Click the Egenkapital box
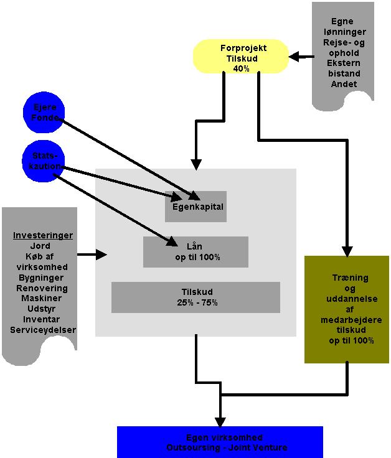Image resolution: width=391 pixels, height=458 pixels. (x=196, y=206)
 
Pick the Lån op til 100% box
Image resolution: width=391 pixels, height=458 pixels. (x=195, y=251)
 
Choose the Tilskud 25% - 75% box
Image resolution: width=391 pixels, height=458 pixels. (x=195, y=297)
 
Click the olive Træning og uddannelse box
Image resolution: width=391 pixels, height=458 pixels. (x=346, y=309)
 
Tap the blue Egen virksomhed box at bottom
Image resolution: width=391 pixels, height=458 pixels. (x=220, y=442)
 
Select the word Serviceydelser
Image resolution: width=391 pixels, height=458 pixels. (x=43, y=329)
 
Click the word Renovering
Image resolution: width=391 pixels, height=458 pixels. (x=43, y=289)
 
